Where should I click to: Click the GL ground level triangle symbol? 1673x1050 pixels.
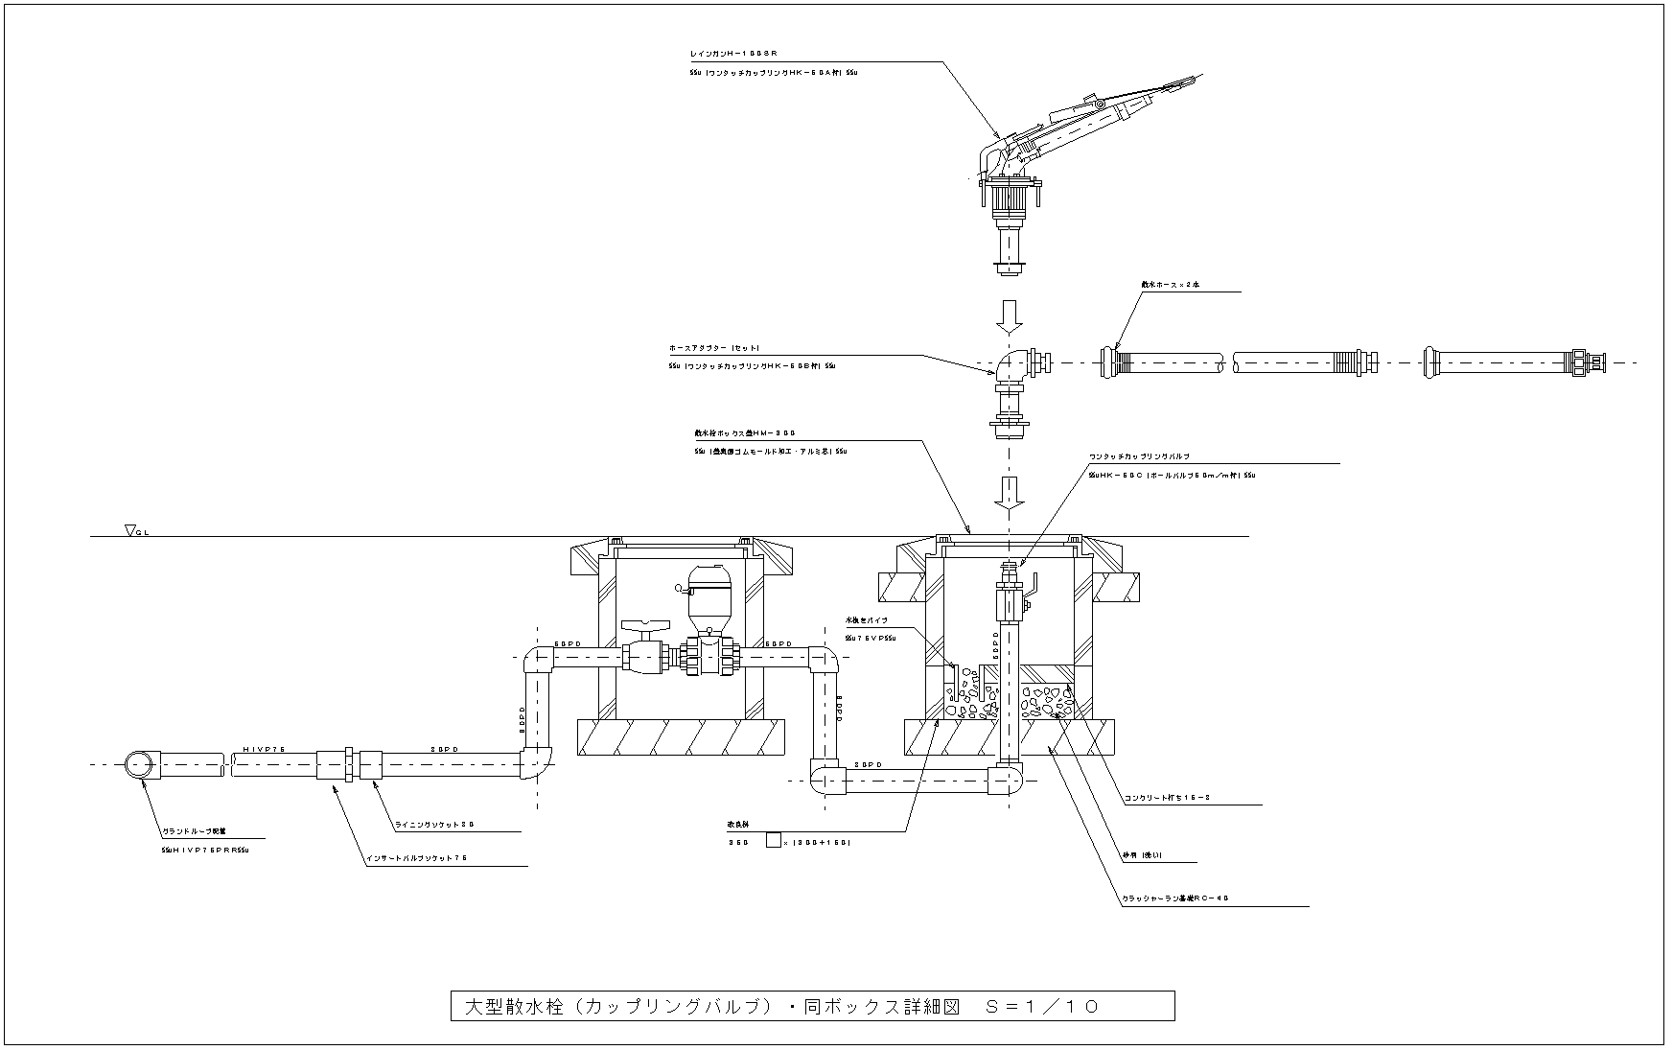point(130,529)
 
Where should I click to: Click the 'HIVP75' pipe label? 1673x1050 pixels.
point(264,748)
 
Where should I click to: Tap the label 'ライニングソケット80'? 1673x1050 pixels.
point(434,824)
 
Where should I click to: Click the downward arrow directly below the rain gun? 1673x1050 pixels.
point(1009,314)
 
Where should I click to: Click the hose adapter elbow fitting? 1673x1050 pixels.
point(1011,366)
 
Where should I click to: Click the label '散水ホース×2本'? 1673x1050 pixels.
point(1164,284)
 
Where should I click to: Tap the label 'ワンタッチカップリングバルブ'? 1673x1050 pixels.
point(1139,456)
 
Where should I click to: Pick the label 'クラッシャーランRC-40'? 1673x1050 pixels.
point(1174,898)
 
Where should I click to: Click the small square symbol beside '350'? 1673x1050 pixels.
point(773,842)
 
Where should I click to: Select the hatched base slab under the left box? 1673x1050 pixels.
point(682,736)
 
